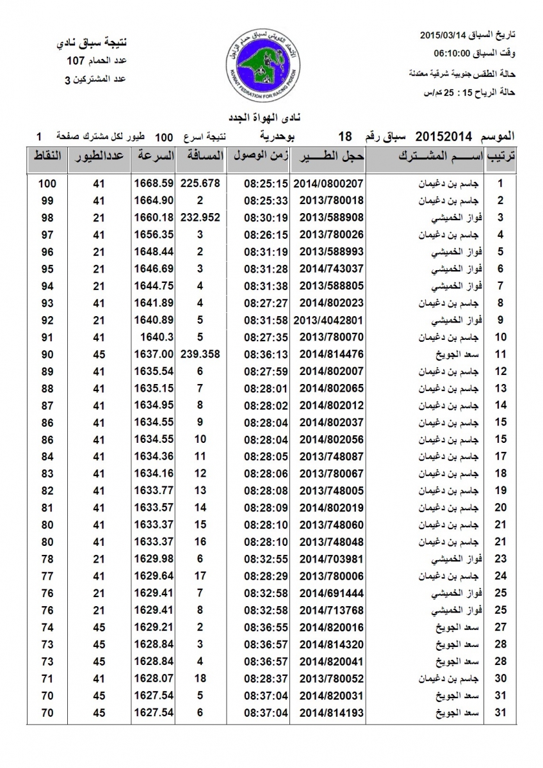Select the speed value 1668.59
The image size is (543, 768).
click(x=154, y=184)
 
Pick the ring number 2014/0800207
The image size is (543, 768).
click(x=331, y=184)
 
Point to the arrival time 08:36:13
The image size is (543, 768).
click(x=266, y=354)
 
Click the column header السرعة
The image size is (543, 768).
click(x=154, y=156)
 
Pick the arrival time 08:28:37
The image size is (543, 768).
click(x=266, y=678)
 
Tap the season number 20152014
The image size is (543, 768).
click(x=444, y=136)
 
